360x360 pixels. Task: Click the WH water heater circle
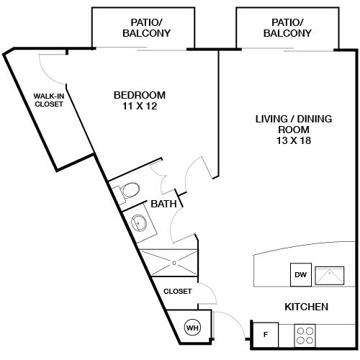tap(193, 328)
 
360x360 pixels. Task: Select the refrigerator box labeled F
tap(264, 333)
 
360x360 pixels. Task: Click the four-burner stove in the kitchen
tap(305, 334)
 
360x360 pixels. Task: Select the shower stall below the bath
tap(171, 261)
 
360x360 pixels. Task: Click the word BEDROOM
tap(140, 95)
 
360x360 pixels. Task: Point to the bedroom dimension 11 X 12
tap(140, 107)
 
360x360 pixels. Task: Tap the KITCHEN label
tap(306, 307)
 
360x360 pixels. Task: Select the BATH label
tap(163, 204)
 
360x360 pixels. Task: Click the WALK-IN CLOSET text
tap(50, 99)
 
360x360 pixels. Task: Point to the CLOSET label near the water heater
tap(178, 292)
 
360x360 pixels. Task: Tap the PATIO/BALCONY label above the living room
tap(287, 27)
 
